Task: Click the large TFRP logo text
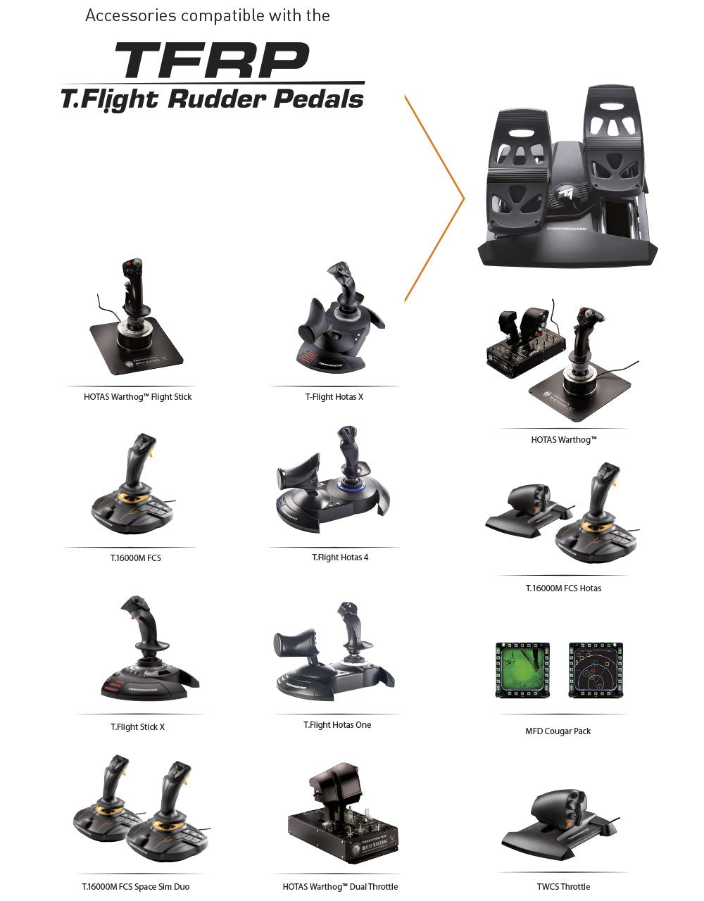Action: (212, 61)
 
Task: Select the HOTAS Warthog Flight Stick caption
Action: (137, 397)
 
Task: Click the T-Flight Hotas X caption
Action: (334, 397)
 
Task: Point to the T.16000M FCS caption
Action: (131, 558)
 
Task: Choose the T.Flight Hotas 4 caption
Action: (340, 557)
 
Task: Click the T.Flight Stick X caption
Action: (137, 727)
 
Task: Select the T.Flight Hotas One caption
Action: (337, 725)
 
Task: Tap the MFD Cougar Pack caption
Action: (558, 731)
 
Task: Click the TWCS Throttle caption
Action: (563, 887)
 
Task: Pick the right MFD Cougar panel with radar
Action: (596, 669)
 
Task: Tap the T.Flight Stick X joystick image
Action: (148, 651)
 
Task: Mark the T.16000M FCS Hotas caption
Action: (563, 588)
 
